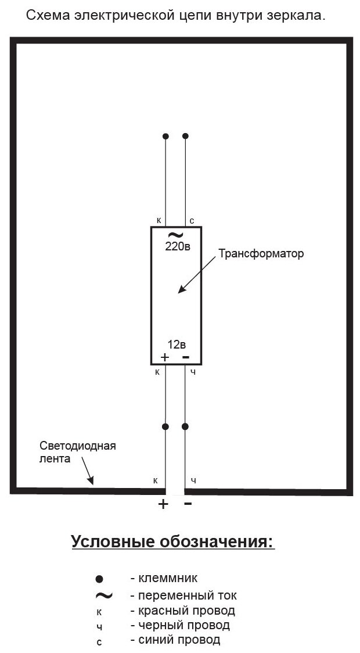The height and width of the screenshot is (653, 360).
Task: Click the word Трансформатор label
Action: click(x=261, y=254)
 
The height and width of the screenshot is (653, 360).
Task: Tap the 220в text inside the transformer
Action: click(x=178, y=246)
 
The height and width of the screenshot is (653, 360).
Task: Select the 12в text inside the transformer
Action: click(x=177, y=344)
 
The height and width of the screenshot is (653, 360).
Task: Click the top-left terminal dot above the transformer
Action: click(x=165, y=136)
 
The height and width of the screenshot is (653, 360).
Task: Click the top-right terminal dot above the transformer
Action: click(x=185, y=136)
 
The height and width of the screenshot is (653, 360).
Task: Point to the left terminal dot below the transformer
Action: click(x=165, y=426)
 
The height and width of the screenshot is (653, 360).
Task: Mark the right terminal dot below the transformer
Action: click(x=185, y=426)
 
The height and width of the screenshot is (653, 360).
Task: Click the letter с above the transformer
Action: click(x=192, y=221)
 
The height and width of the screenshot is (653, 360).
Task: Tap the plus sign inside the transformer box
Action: click(x=164, y=357)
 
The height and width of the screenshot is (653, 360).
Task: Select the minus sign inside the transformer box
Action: click(x=186, y=356)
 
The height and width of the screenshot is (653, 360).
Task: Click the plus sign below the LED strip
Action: click(x=163, y=504)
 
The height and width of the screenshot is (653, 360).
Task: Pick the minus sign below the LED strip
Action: click(x=188, y=503)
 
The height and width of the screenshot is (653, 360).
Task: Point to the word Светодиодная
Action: click(x=78, y=446)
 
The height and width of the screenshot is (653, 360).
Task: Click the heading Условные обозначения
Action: click(x=172, y=542)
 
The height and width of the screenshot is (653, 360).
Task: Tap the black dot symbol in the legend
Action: click(x=99, y=579)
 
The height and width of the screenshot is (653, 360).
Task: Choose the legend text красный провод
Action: click(x=186, y=611)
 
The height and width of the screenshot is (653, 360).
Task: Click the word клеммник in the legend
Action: click(x=167, y=578)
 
